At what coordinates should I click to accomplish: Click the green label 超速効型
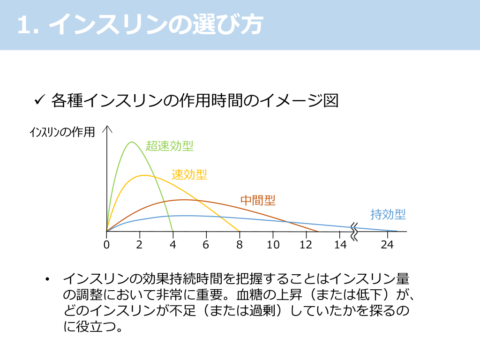170,146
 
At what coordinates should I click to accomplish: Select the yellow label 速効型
189,175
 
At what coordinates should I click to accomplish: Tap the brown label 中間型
258,201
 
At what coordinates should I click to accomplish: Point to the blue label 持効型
388,215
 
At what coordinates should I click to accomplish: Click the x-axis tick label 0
106,245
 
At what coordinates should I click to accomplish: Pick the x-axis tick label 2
139,245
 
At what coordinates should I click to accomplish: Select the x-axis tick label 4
172,245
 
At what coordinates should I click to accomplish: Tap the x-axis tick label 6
206,245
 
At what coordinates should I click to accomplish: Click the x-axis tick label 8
239,245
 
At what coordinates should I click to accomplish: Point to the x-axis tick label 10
273,245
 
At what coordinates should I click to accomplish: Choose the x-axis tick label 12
306,245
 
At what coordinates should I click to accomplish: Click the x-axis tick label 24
387,245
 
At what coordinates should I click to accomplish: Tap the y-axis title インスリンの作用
62,133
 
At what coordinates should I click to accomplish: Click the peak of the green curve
132,142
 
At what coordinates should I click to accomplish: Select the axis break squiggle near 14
354,231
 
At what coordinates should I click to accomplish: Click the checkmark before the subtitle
40,100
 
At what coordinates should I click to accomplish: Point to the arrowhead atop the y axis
108,128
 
